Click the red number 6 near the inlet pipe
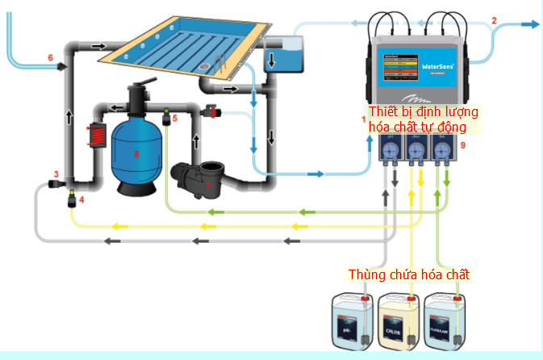(50, 58)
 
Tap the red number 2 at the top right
(495, 20)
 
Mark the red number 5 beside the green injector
(173, 118)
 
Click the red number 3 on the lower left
(56, 174)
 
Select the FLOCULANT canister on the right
(446, 324)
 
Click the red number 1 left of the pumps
(364, 119)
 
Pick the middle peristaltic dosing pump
(416, 153)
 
